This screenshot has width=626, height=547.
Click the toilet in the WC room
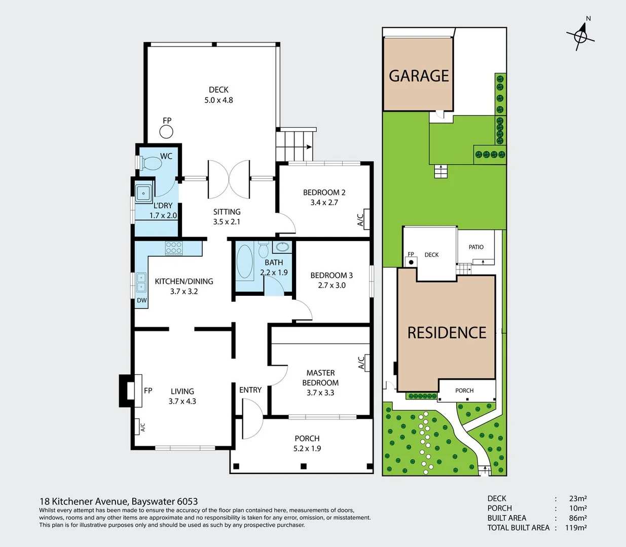pos(151,163)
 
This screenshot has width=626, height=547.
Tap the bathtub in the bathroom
pos(245,262)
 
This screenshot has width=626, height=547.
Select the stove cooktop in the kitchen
pos(173,248)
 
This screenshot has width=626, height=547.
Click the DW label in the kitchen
pos(142,300)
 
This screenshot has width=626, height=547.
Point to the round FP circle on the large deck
pos(166,132)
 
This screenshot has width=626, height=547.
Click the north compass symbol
pos(581,35)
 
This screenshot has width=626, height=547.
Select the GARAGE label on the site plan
pos(419,76)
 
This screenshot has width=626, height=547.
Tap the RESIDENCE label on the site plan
pos(447,333)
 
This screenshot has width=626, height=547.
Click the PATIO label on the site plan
pos(476,247)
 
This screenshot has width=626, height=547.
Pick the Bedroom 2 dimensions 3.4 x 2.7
pos(324,203)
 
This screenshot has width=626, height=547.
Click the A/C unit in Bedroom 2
pos(363,219)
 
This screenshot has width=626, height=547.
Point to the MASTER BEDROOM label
pos(320,378)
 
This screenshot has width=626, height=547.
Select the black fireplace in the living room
pos(127,390)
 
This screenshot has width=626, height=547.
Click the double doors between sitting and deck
pos(229,179)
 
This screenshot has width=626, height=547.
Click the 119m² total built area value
pos(576,528)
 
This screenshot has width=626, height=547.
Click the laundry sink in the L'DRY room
pos(144,192)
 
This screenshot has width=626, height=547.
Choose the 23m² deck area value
pos(578,498)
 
